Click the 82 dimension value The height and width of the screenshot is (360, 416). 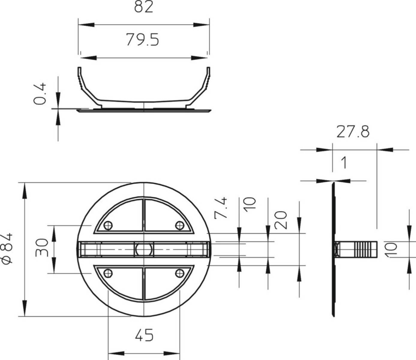pos(143,7)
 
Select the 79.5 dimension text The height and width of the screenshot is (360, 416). pos(142,40)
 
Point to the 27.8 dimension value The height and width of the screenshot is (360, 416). pos(353,132)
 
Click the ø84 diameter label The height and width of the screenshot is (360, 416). pos(7,249)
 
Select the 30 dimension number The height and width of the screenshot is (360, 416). pos(42,247)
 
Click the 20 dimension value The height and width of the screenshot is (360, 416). pos(280,220)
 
